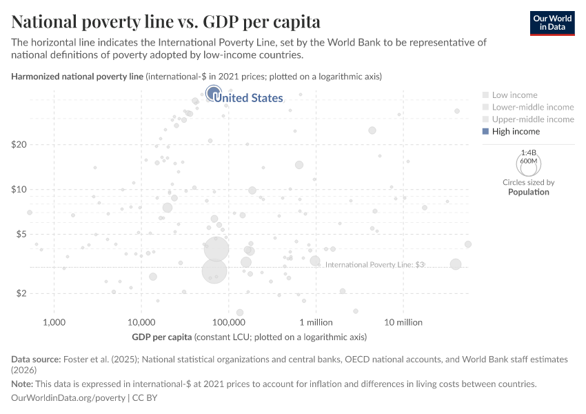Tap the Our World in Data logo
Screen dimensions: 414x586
tap(552, 23)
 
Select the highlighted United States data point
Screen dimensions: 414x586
tap(214, 94)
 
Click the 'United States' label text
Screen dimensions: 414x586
tap(248, 98)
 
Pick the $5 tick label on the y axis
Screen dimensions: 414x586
tap(21, 234)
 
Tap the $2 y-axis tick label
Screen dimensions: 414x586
tap(21, 293)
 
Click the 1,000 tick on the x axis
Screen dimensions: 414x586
tap(54, 322)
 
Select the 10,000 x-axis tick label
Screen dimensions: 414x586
tap(141, 322)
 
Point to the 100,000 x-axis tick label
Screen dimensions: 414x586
tap(229, 322)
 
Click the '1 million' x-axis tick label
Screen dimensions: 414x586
tap(316, 322)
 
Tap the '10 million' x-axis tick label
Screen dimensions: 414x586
tap(403, 322)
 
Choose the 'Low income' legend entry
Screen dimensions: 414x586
tap(514, 95)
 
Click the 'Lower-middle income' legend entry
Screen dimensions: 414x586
tap(532, 107)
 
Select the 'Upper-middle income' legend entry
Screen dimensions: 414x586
tap(533, 119)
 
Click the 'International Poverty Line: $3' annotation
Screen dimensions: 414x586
tap(374, 264)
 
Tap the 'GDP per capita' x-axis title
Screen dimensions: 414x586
tap(162, 337)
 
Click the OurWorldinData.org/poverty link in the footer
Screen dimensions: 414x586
tap(68, 398)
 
